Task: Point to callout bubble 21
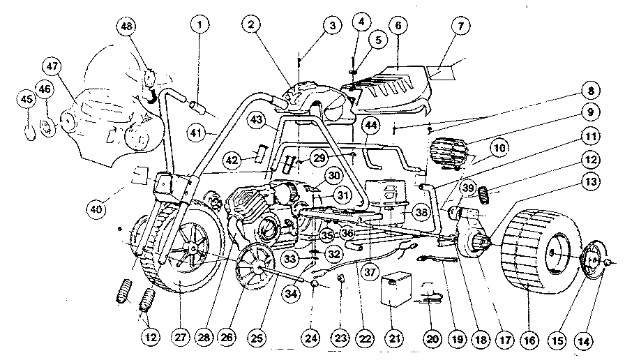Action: (395, 340)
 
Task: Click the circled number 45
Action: (27, 100)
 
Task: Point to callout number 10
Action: (499, 148)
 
